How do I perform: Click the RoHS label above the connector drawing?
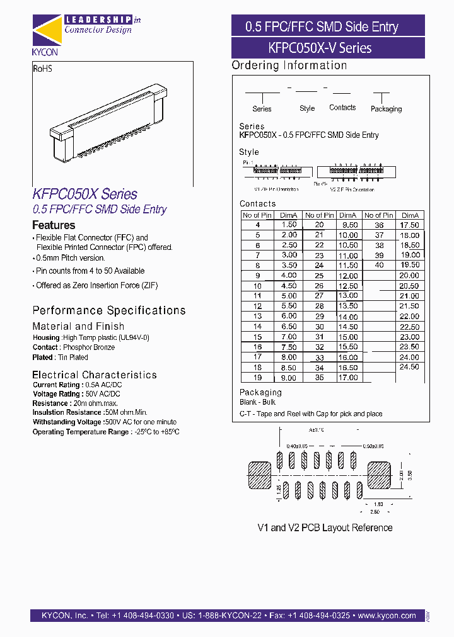[42, 68]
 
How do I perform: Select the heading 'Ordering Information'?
[289, 65]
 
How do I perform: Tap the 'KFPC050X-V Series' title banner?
[328, 48]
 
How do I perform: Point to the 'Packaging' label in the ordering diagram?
[386, 109]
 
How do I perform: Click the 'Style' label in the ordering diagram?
[307, 108]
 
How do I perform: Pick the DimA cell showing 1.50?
[288, 225]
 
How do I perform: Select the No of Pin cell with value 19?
[257, 378]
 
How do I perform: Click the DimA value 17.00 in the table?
[349, 378]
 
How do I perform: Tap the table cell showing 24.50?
[409, 367]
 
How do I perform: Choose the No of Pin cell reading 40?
[379, 265]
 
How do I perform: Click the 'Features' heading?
[54, 225]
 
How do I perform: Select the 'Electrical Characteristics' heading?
[95, 375]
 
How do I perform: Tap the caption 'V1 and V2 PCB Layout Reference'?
[325, 527]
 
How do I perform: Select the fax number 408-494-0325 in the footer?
[318, 616]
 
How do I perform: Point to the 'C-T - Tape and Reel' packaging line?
[311, 414]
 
